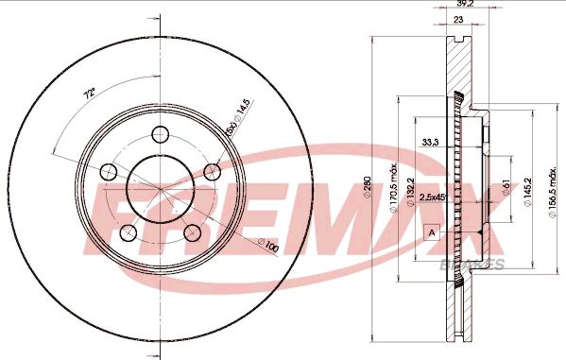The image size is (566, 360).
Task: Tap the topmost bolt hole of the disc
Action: pyautogui.click(x=160, y=132)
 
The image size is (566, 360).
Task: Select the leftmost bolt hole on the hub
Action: pyautogui.click(x=109, y=171)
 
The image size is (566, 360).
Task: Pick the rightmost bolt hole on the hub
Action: pyautogui.click(x=212, y=171)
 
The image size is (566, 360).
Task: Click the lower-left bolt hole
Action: pyautogui.click(x=129, y=232)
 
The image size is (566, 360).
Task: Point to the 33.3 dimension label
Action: pyautogui.click(x=430, y=144)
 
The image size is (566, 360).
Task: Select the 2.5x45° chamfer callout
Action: pyautogui.click(x=436, y=197)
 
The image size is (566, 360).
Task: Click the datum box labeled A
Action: pyautogui.click(x=433, y=231)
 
